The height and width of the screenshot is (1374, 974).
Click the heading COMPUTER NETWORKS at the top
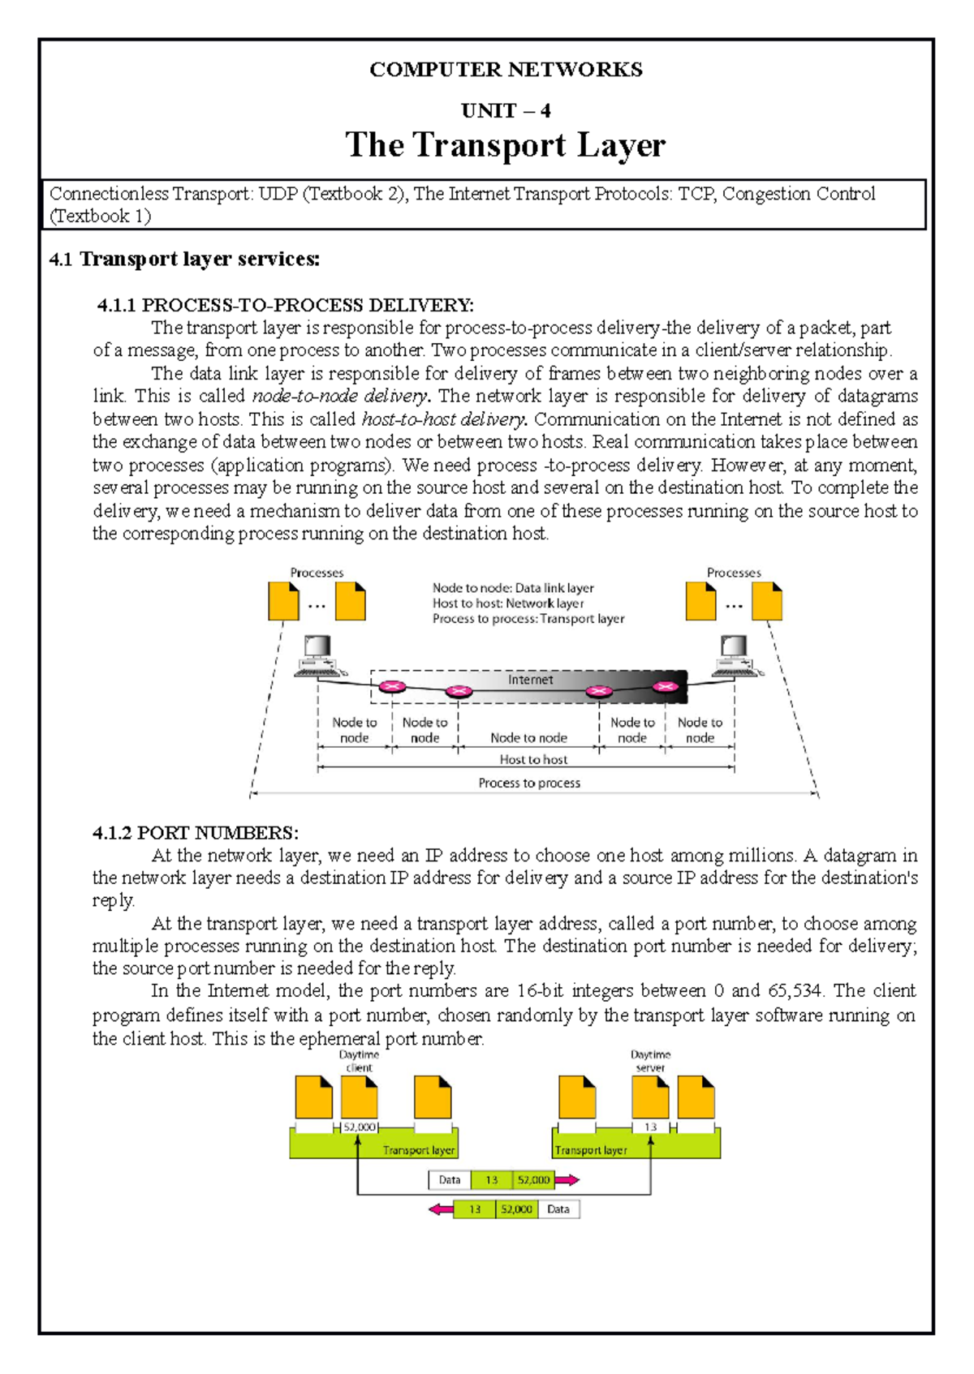pos(506,70)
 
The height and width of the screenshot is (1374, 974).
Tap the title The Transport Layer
pos(506,145)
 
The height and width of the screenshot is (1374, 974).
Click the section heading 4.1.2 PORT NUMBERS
pos(196,833)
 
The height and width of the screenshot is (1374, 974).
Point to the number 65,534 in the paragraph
pos(794,990)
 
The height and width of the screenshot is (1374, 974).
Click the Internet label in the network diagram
pos(530,680)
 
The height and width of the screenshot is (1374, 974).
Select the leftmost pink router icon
pos(393,687)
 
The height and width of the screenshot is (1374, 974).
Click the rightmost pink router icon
pos(666,687)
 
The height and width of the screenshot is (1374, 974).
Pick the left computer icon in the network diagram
pos(318,655)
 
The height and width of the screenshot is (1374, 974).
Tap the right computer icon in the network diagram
pos(735,655)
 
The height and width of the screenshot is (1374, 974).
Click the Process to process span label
pos(529,783)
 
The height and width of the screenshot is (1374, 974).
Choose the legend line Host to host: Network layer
pos(508,603)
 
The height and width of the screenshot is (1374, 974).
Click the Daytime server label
pos(650,1061)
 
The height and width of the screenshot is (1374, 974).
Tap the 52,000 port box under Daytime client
pos(360,1127)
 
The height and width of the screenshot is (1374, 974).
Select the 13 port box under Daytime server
pos(650,1127)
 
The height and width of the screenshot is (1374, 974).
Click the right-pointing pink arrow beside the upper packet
pos(567,1180)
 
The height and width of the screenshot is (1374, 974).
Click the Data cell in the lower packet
pos(558,1209)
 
